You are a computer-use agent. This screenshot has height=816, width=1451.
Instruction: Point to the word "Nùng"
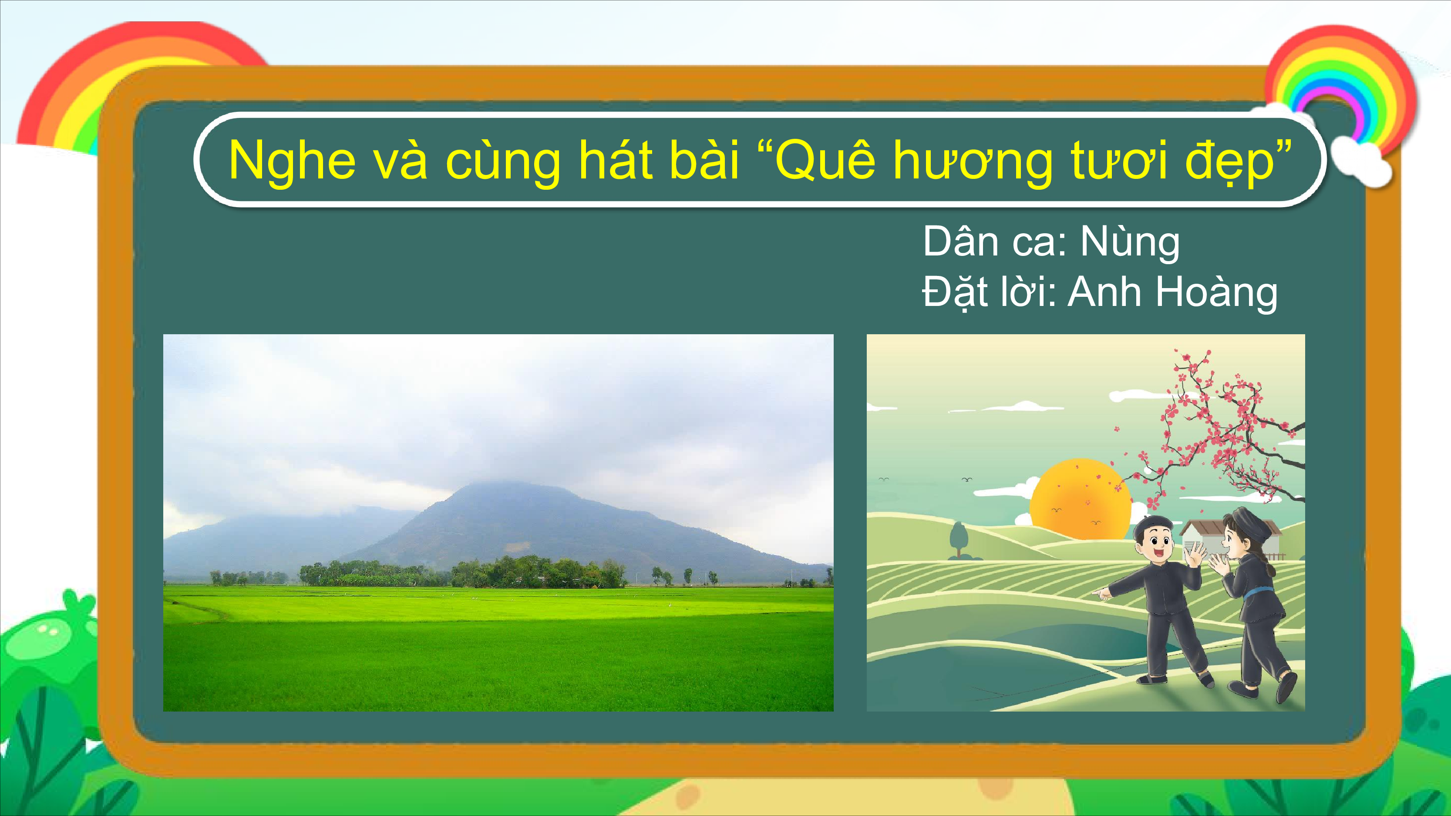click(1130, 242)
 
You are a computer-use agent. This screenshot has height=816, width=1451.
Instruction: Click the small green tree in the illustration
click(959, 540)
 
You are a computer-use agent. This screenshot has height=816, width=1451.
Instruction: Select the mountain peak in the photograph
click(496, 484)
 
